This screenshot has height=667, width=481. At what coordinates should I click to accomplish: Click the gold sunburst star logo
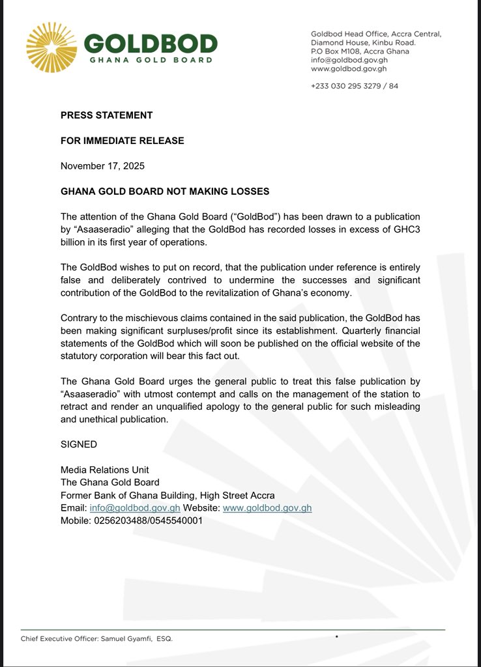tap(51, 48)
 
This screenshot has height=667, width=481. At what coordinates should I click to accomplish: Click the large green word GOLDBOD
tap(151, 44)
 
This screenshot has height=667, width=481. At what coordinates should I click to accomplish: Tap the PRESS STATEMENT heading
tap(106, 115)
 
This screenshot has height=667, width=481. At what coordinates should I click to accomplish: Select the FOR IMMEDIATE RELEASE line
tap(123, 141)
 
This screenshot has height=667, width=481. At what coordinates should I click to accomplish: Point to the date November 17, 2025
tap(102, 165)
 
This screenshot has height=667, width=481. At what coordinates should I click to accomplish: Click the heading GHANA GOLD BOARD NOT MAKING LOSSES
tap(165, 192)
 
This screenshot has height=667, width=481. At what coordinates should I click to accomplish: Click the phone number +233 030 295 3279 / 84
tap(355, 85)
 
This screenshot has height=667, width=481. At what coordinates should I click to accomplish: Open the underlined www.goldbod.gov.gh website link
tap(267, 508)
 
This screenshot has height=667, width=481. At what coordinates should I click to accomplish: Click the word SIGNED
tap(79, 444)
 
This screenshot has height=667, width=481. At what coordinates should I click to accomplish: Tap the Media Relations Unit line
tap(105, 470)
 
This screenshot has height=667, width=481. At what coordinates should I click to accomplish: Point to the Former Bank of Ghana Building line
tap(168, 496)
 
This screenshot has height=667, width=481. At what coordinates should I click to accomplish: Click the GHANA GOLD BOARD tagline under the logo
tap(151, 60)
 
